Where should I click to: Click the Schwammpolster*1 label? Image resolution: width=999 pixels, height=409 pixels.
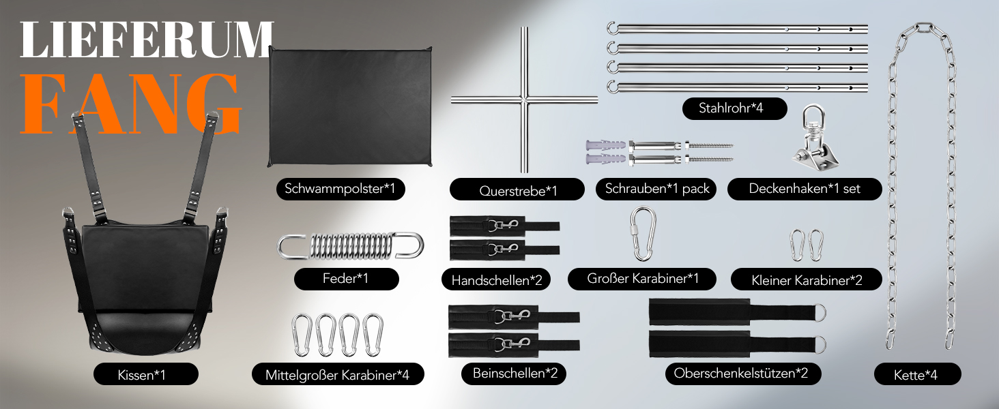click(341, 189)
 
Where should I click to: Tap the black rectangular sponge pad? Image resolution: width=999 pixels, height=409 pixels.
click(350, 106)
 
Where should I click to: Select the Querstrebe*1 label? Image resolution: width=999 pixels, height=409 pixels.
click(517, 190)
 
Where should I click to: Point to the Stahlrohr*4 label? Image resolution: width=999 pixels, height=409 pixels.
click(734, 108)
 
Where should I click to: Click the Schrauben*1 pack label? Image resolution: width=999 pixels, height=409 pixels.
click(656, 189)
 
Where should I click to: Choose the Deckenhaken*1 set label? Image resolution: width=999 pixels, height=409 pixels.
click(805, 189)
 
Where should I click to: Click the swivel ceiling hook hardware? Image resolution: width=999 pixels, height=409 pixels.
click(814, 140)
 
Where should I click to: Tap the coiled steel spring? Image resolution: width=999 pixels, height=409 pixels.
click(350, 246)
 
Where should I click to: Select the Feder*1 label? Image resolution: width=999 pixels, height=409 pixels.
click(347, 279)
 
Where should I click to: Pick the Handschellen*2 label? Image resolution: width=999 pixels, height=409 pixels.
click(496, 279)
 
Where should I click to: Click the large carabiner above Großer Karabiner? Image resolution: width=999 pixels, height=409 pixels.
click(643, 233)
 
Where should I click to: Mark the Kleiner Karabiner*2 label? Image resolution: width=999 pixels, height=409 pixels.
click(807, 279)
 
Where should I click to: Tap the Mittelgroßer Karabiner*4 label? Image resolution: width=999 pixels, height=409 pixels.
click(338, 374)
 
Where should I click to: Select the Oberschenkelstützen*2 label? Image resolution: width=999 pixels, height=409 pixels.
click(743, 374)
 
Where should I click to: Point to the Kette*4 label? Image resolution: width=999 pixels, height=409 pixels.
click(917, 374)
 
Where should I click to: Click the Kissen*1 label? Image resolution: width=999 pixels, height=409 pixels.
click(146, 374)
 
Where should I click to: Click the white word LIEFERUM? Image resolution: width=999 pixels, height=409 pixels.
click(146, 40)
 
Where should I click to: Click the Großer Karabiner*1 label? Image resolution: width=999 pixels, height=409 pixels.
click(642, 279)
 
